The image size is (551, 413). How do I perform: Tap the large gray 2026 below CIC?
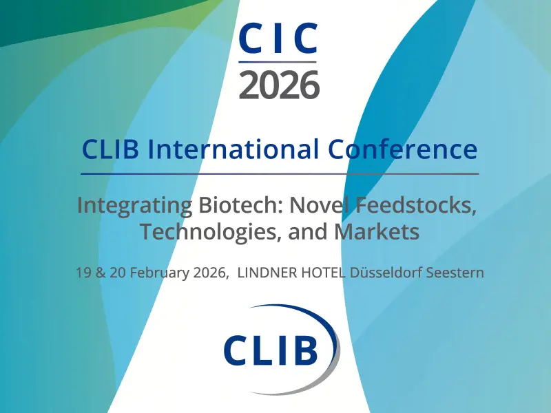(279, 84)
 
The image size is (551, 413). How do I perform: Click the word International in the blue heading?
(233, 149)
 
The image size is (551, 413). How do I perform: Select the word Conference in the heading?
(403, 149)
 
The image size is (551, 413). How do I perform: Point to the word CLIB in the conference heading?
(110, 149)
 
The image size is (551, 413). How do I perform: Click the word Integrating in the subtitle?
(134, 206)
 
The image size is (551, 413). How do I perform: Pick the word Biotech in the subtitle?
(241, 204)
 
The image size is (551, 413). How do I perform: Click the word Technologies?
(210, 232)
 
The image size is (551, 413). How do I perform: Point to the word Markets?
(376, 231)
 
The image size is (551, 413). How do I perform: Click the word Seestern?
(455, 273)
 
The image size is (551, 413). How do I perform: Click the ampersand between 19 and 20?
(101, 273)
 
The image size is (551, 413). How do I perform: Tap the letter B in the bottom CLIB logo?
(304, 350)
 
